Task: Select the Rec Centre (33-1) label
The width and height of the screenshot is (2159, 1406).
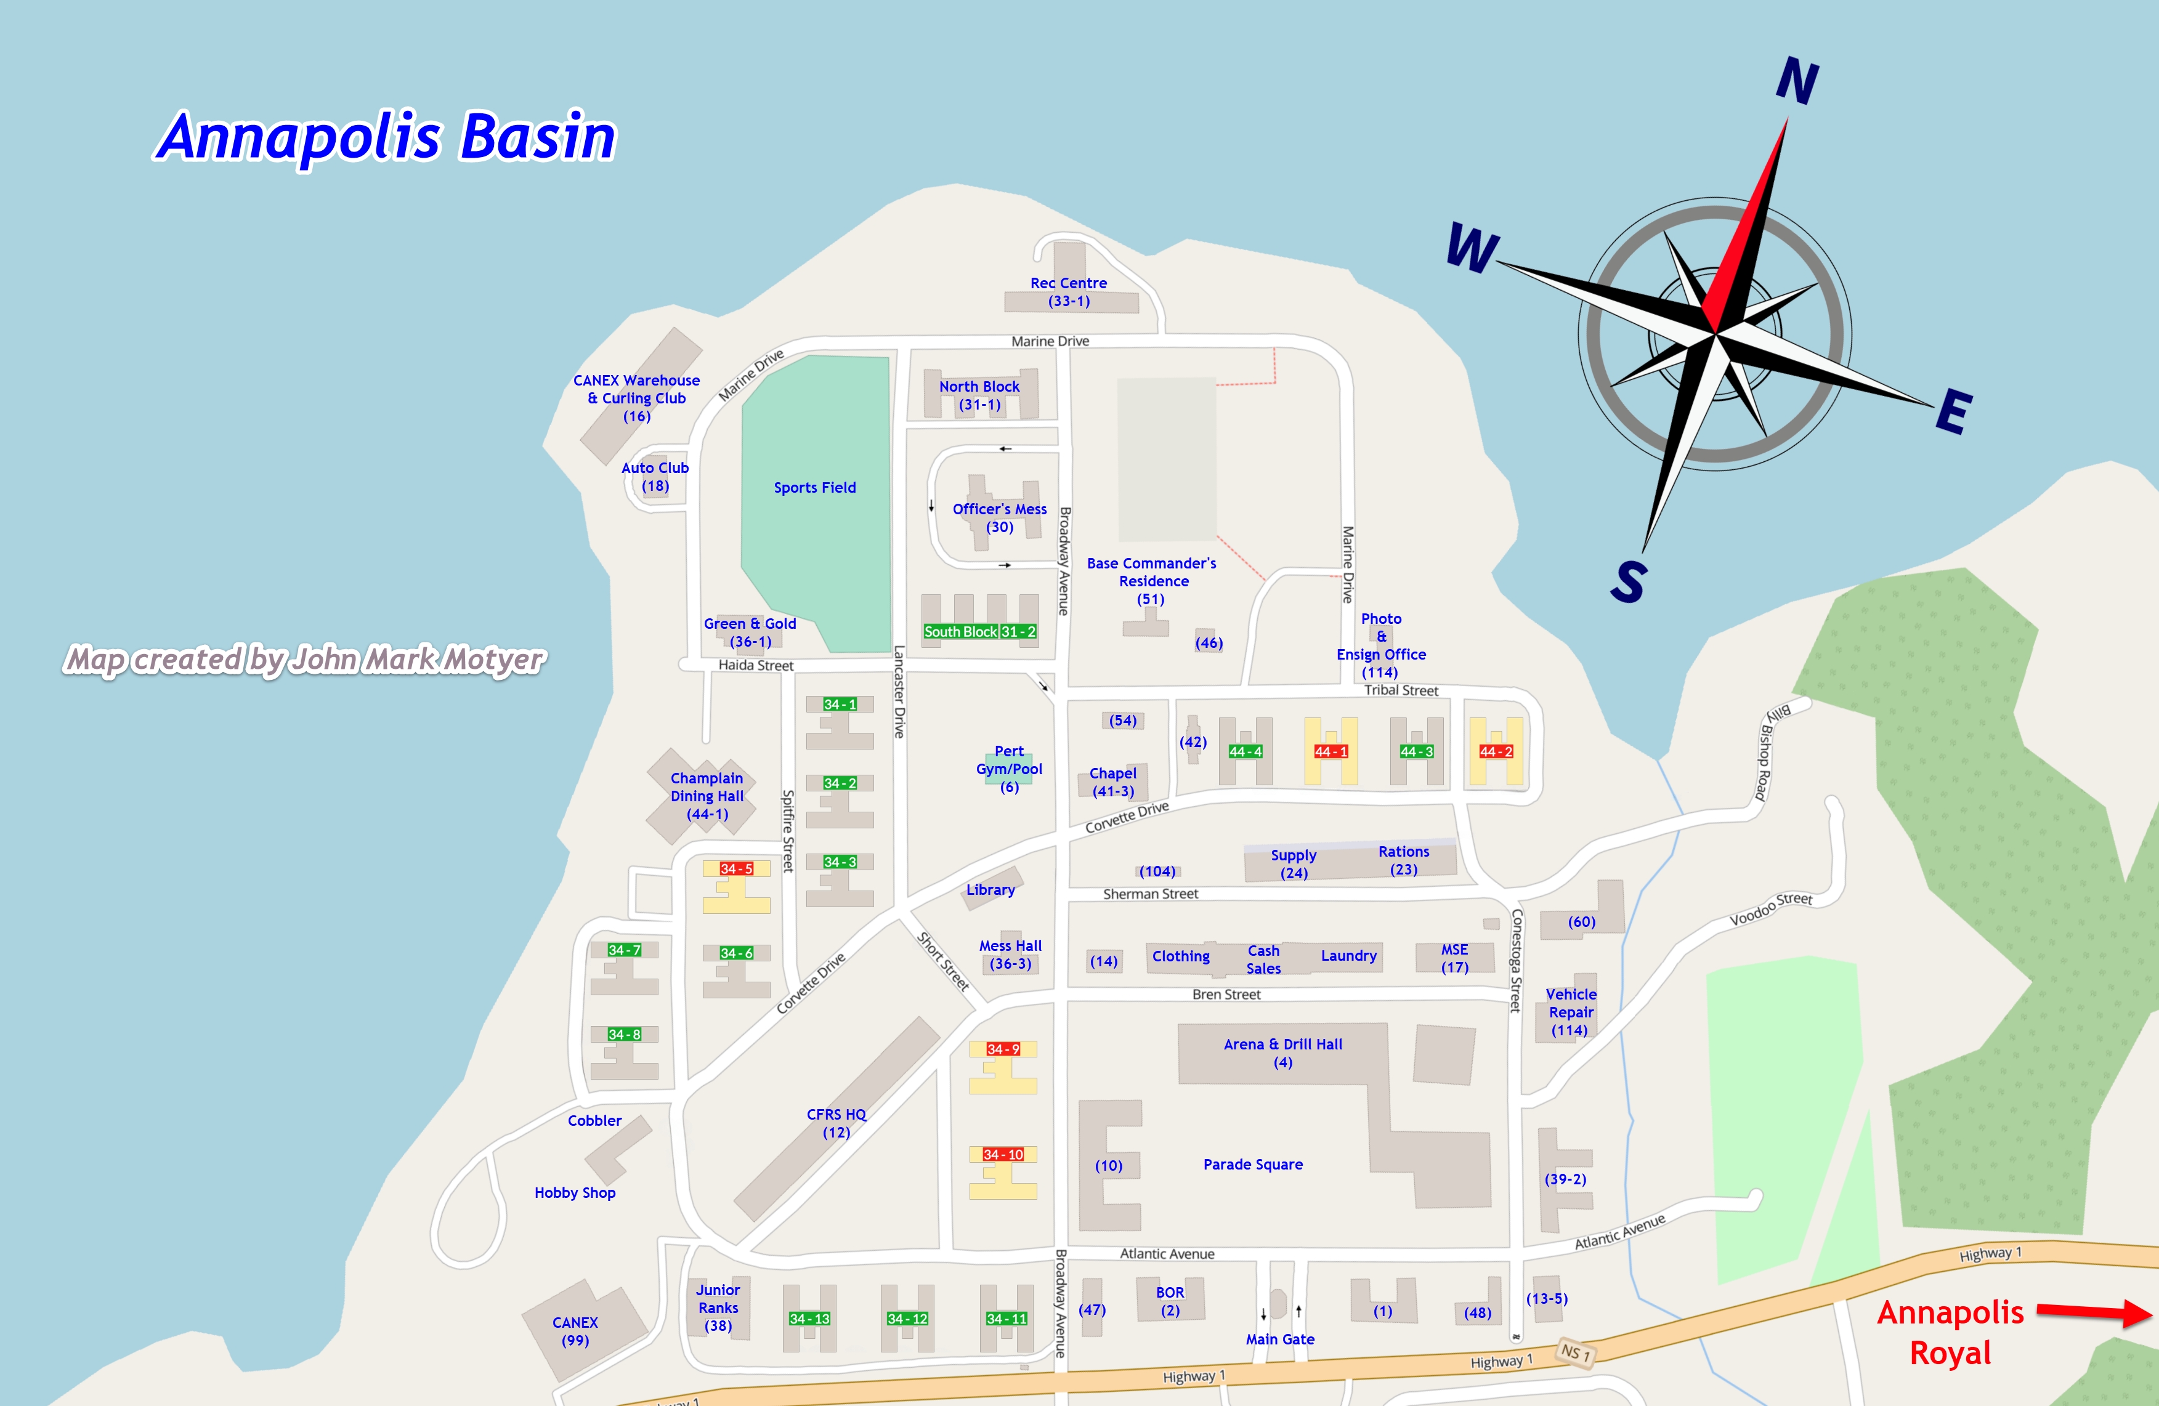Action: pos(1069,292)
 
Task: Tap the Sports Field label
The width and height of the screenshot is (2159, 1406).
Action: pos(814,488)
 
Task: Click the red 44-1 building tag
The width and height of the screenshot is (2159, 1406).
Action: pos(1331,752)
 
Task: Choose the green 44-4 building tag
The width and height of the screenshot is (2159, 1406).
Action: pos(1246,752)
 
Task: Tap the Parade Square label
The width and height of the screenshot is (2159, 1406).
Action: pos(1253,1165)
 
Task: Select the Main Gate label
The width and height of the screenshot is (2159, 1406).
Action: pos(1280,1339)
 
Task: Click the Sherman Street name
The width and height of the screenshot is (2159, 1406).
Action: pos(1150,894)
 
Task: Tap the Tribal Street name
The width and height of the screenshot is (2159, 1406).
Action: pos(1401,691)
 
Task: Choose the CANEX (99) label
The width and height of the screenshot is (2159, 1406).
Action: pos(575,1331)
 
